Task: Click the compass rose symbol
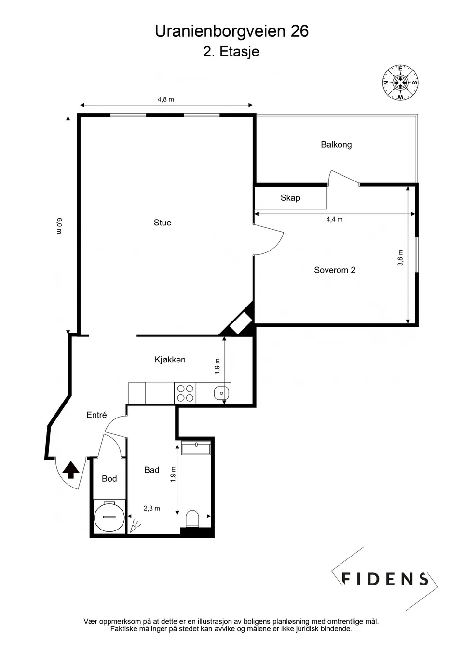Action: [400, 83]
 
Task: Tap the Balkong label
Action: [336, 145]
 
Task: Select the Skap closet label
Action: [290, 198]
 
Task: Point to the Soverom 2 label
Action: [335, 270]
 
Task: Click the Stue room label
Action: [163, 223]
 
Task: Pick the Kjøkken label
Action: [170, 360]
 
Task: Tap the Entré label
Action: [96, 415]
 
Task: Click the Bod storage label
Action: [109, 479]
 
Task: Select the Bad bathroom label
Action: [151, 470]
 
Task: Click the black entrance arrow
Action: [71, 470]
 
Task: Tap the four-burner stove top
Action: [186, 393]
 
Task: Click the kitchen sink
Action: [221, 393]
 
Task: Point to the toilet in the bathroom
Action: [192, 518]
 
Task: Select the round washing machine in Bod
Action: [109, 517]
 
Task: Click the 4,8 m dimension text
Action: [165, 99]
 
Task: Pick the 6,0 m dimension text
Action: [59, 225]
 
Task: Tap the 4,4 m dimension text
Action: [335, 219]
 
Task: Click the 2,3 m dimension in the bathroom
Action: [151, 508]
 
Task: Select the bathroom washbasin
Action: [196, 448]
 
